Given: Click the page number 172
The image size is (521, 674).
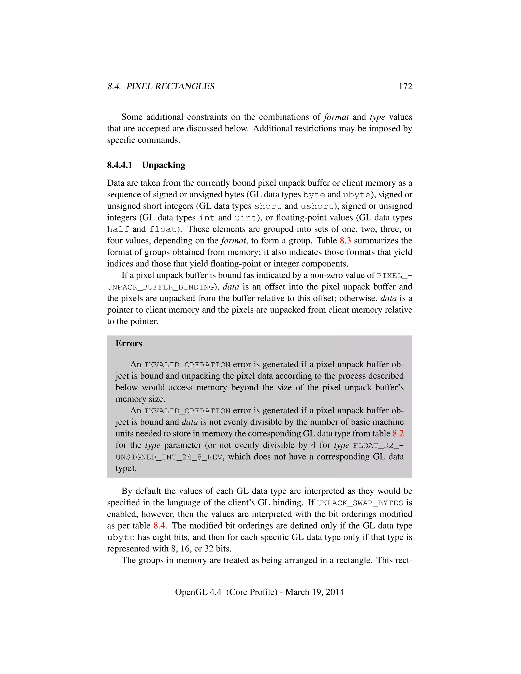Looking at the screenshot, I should (x=405, y=86).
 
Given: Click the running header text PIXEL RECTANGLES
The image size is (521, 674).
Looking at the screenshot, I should (x=170, y=86).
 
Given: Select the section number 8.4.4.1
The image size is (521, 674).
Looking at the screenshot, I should (x=120, y=165).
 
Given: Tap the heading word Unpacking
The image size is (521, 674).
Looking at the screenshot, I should (x=164, y=165).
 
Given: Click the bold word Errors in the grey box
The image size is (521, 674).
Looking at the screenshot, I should (x=129, y=343).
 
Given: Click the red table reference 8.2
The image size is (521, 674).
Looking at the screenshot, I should (x=398, y=434).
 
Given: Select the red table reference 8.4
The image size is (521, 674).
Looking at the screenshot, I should (x=159, y=525).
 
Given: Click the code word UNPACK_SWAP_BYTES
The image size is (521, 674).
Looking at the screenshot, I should (x=360, y=503).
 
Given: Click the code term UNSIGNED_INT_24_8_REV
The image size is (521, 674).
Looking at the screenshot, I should (x=169, y=457).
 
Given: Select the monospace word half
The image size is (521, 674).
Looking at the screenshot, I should (x=118, y=229).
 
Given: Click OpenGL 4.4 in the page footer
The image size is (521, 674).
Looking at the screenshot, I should (x=198, y=592).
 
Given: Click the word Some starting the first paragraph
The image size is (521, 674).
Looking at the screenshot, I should (x=132, y=117).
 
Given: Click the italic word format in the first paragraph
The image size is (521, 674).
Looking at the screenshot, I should (x=336, y=117).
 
